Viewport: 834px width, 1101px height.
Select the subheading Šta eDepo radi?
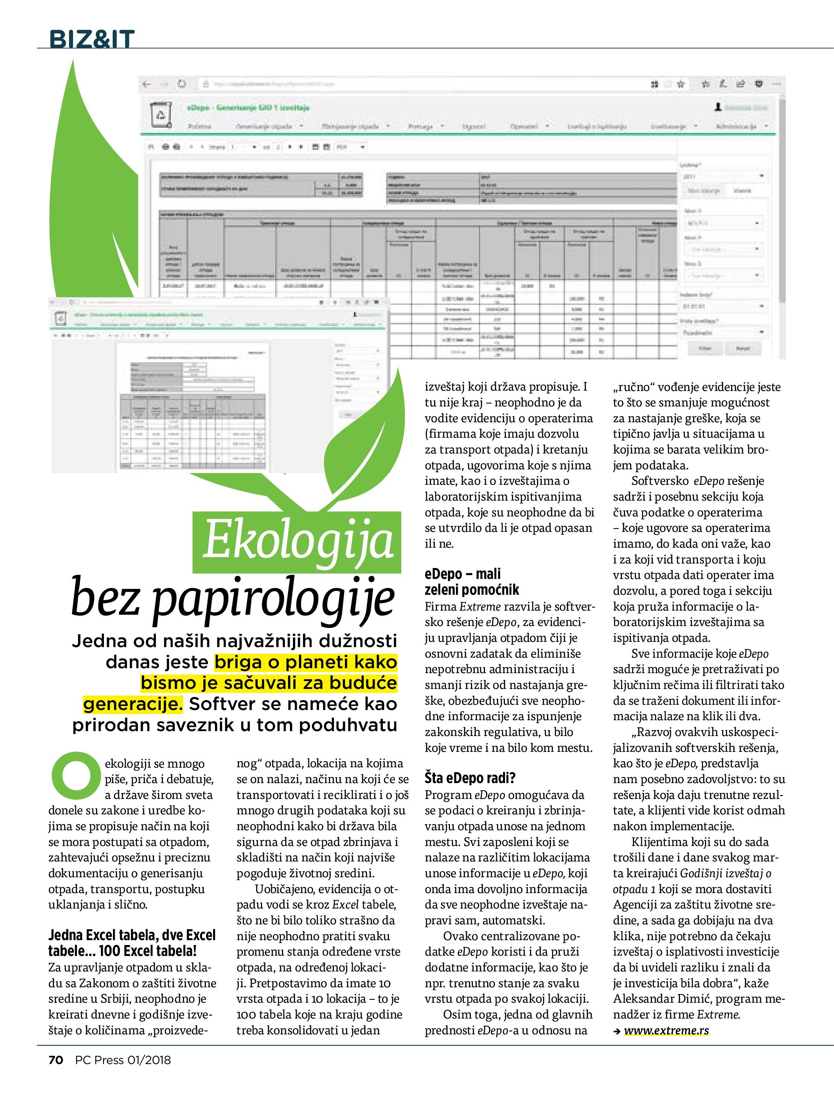(x=470, y=777)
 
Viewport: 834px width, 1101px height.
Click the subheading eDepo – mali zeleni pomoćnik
(x=471, y=582)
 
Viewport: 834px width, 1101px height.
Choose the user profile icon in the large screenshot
(x=718, y=107)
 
